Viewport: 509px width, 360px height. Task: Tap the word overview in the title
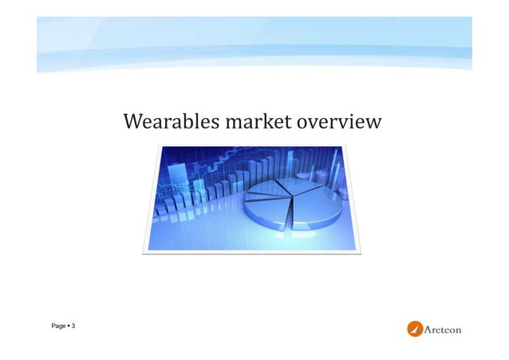click(x=339, y=124)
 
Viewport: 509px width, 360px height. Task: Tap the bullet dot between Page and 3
click(x=68, y=327)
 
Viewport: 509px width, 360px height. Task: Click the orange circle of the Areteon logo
click(x=416, y=329)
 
